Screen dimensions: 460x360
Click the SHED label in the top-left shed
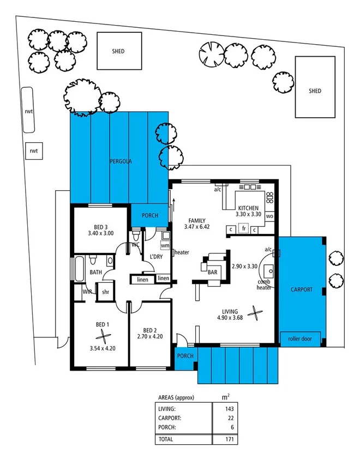tap(118, 51)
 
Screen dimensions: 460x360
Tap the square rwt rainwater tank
tap(34, 150)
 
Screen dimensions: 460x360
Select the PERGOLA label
tap(120, 161)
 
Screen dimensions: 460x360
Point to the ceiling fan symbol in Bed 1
tap(101, 336)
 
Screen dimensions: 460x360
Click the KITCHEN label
tap(248, 208)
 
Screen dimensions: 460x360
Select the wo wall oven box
tap(269, 216)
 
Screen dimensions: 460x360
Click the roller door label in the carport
tap(302, 338)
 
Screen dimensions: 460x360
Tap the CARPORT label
tap(302, 289)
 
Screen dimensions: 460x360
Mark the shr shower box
tap(105, 292)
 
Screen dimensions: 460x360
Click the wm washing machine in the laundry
tap(164, 246)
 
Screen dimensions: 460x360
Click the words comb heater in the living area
tap(264, 285)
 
